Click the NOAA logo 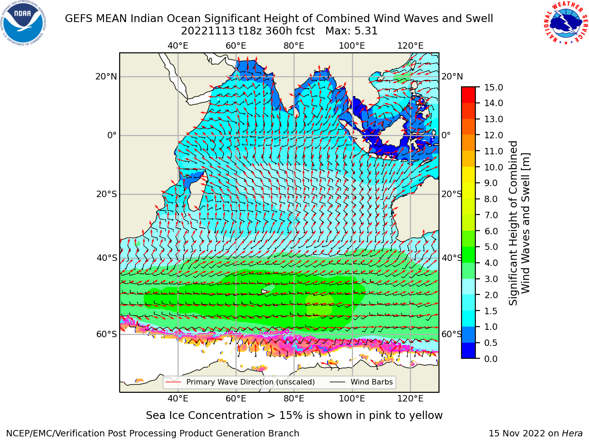tap(23, 23)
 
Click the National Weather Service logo tap(565, 23)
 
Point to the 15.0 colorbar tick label tap(493, 87)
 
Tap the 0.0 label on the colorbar tap(491, 359)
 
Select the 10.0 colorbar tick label tap(493, 167)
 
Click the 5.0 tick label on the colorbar tap(491, 247)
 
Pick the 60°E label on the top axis tap(236, 46)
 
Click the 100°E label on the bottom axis tap(352, 398)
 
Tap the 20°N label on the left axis tap(106, 77)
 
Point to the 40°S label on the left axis tap(107, 258)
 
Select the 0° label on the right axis tap(446, 135)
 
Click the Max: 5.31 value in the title tap(351, 31)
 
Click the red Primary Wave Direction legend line tap(173, 382)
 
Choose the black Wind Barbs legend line tap(337, 382)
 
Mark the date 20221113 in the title tap(208, 31)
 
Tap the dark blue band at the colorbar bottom tap(468, 351)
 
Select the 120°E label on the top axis tap(410, 46)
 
